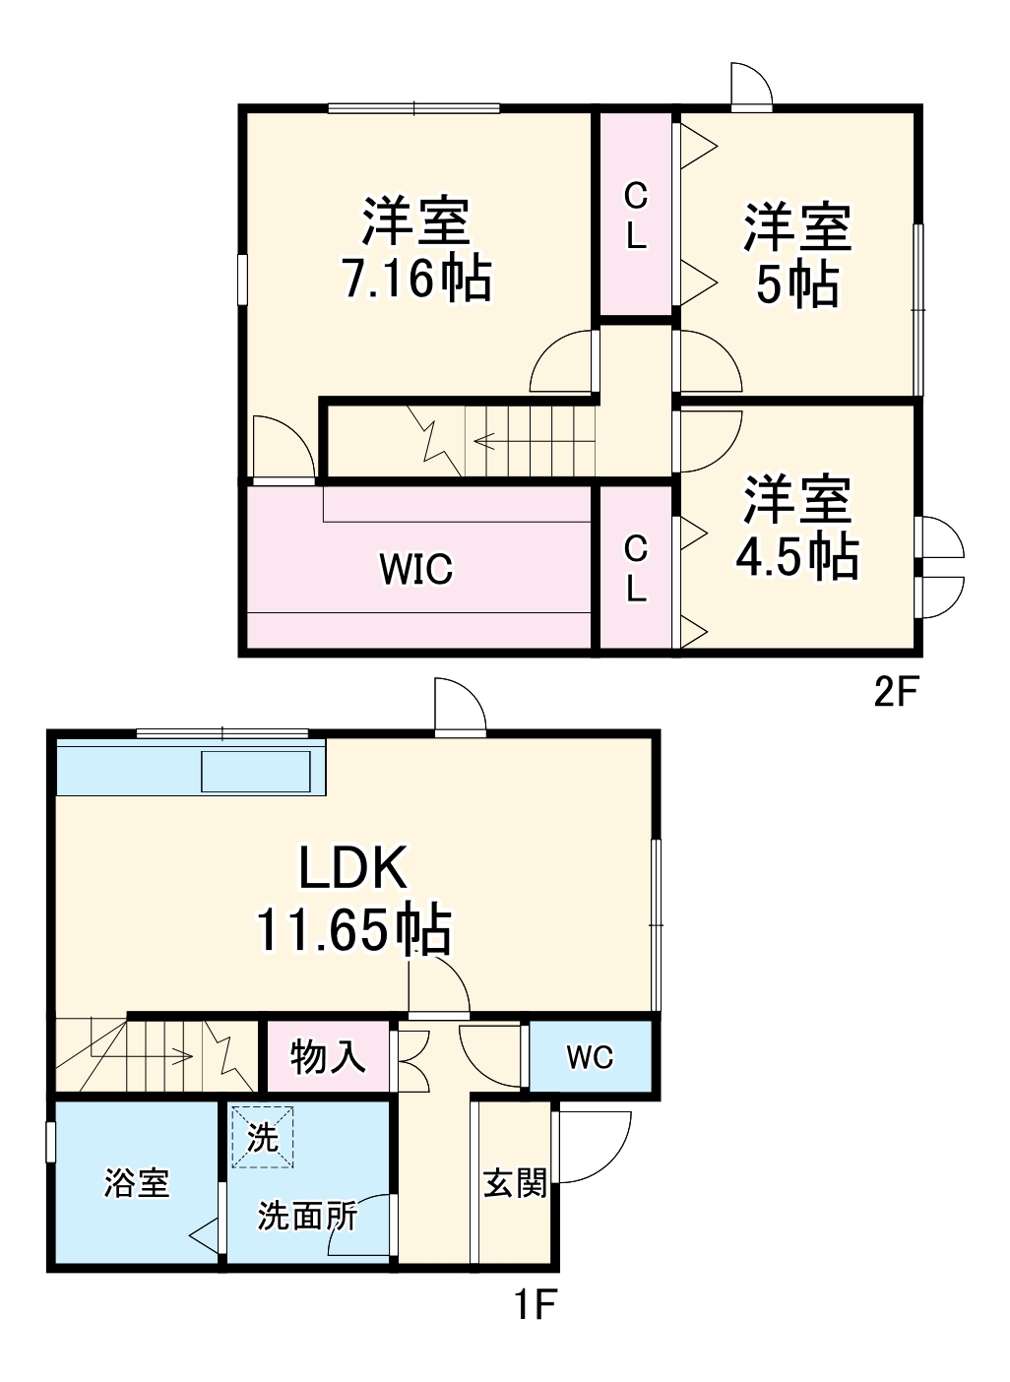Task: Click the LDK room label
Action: coord(352,869)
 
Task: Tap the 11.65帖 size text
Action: coord(354,929)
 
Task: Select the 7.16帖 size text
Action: coord(416,279)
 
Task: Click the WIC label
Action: coord(416,569)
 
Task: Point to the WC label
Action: coord(590,1057)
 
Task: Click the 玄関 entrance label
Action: coord(514,1182)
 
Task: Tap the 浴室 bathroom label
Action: coord(137,1182)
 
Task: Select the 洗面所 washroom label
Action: coord(307,1217)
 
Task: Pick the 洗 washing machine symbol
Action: coord(263,1137)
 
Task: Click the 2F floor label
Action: coord(896,693)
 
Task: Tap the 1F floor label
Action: coord(535,1306)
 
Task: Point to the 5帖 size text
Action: coord(797,284)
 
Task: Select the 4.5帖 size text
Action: coord(797,557)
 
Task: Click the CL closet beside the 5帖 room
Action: coord(636,216)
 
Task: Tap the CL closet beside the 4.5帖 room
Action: coord(636,568)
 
